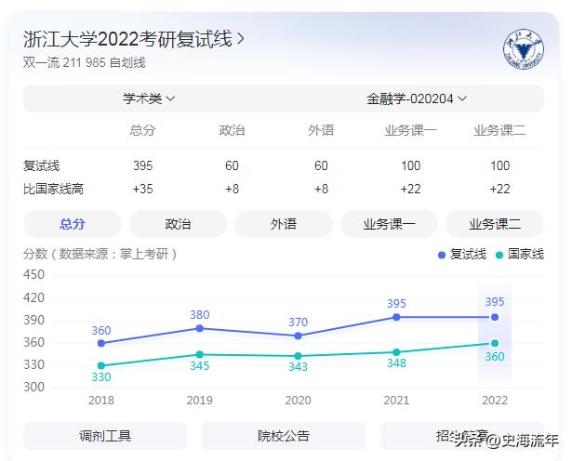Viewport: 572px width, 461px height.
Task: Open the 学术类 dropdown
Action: tap(149, 98)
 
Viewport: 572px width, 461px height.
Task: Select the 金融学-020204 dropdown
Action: tap(417, 98)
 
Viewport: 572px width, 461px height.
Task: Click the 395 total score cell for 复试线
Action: tap(142, 165)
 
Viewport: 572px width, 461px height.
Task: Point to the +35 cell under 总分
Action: tap(142, 189)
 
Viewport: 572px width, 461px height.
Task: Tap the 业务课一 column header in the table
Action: tap(410, 130)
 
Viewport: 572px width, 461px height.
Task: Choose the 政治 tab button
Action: tap(178, 224)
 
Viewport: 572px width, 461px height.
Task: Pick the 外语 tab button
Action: tap(284, 224)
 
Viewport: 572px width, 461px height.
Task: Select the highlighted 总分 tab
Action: tap(73, 224)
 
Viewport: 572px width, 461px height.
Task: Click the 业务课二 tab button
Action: tap(494, 224)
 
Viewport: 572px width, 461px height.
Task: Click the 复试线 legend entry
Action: tap(462, 254)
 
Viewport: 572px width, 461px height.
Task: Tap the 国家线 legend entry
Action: tap(519, 254)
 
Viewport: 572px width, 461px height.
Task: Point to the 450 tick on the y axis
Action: tap(34, 274)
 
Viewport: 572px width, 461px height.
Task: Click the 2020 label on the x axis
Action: tap(298, 400)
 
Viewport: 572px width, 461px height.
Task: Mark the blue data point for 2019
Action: tap(199, 328)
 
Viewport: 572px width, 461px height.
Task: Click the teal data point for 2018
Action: tap(100, 365)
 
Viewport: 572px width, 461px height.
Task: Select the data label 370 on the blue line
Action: tap(298, 323)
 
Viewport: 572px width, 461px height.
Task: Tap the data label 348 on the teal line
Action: tap(396, 363)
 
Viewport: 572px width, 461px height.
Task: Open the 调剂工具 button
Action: tap(105, 436)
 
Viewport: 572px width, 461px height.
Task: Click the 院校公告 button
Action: tap(284, 436)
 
